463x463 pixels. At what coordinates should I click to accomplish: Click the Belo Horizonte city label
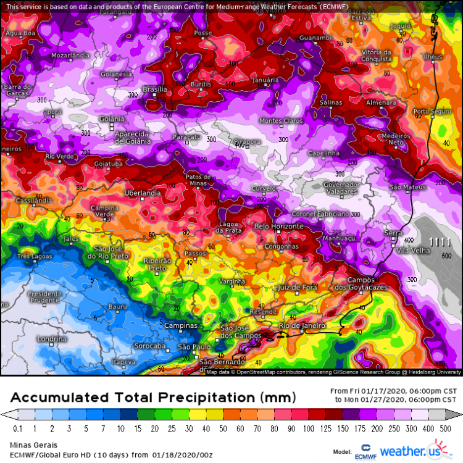tap(279, 227)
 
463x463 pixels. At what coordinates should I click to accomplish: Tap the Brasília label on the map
tap(155, 90)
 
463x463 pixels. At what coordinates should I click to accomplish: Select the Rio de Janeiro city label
tap(302, 325)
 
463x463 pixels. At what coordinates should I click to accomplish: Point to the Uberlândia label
tap(143, 193)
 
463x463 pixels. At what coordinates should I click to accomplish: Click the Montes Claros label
tap(281, 120)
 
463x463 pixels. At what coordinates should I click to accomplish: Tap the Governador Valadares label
tap(341, 188)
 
